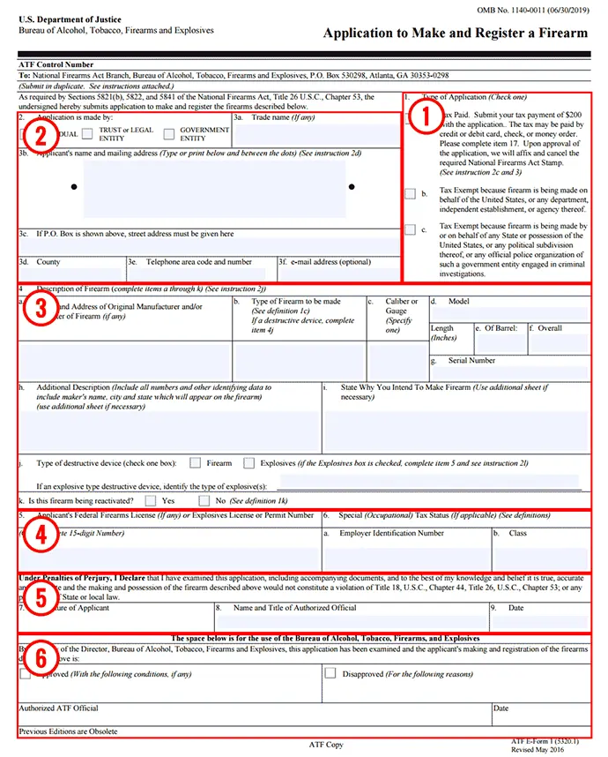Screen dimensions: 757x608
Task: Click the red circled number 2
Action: [36, 135]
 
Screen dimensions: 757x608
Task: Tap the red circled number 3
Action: [37, 312]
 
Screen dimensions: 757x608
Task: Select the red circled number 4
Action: [37, 534]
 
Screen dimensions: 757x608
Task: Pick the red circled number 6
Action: [37, 657]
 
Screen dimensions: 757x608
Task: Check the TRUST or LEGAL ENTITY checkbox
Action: [88, 134]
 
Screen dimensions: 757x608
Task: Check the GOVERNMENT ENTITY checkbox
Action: [168, 134]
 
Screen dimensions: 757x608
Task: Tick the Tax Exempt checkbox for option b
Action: [410, 192]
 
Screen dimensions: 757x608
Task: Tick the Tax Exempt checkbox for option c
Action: [410, 230]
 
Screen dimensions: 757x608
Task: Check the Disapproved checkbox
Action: [330, 672]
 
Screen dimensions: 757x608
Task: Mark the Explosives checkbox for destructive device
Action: [249, 462]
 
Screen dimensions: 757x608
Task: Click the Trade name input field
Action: [315, 135]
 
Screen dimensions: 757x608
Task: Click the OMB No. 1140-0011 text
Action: [530, 9]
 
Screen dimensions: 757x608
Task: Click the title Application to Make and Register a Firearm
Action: [455, 34]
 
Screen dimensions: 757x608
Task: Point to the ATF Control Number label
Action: [55, 64]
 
